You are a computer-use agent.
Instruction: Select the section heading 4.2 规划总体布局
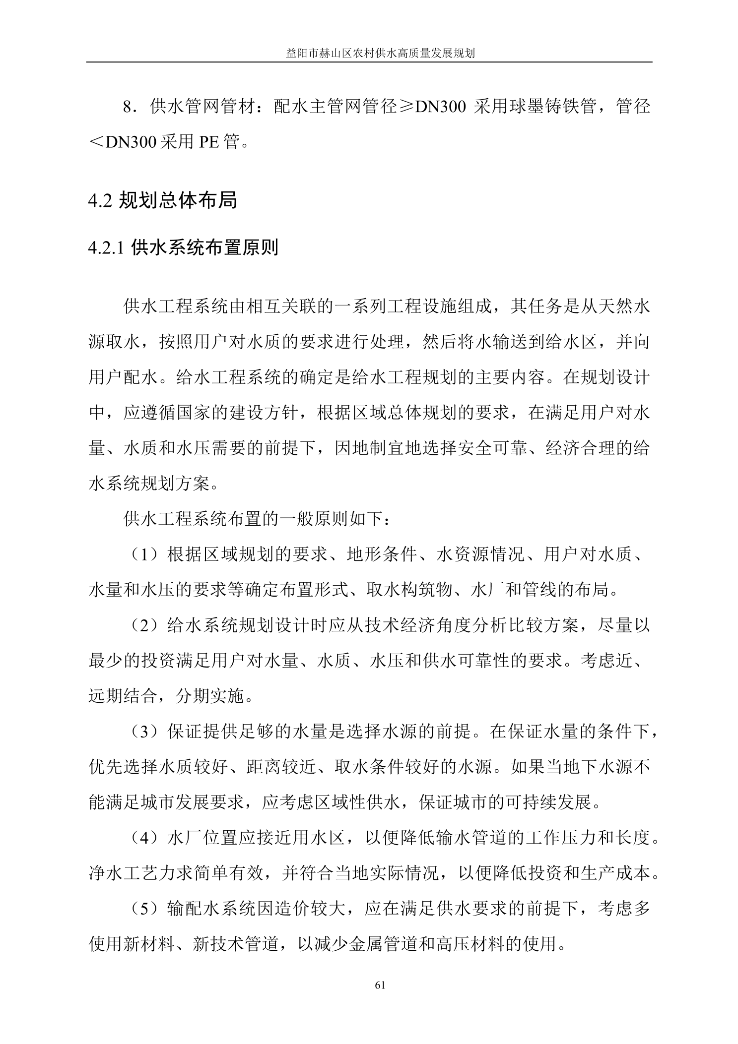[162, 201]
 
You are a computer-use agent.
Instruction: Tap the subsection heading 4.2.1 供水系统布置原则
[183, 247]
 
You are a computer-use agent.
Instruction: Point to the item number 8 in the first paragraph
[128, 107]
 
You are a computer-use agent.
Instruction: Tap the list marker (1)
[144, 554]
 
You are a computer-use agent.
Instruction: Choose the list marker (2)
[144, 626]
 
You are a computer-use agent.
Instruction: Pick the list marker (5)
[144, 909]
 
